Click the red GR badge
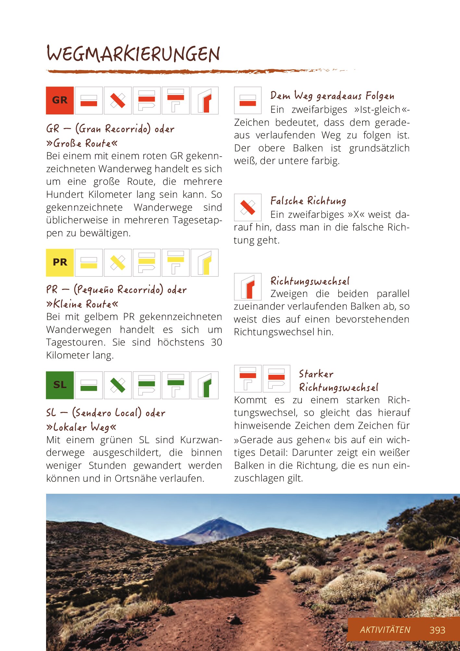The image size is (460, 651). click(x=60, y=101)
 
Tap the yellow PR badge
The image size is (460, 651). click(x=60, y=263)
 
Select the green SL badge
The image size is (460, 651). click(x=60, y=385)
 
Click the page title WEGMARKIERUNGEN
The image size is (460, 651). click(x=133, y=54)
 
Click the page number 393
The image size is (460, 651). click(x=437, y=630)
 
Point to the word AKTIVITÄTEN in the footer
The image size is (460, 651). click(x=385, y=630)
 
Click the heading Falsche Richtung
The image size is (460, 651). click(x=308, y=201)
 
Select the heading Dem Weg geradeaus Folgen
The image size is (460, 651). click(x=332, y=96)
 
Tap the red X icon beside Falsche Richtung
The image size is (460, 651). click(x=248, y=207)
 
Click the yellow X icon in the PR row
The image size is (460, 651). click(x=118, y=263)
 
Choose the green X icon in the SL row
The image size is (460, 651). click(x=118, y=385)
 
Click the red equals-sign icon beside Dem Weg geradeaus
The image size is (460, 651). click(x=248, y=101)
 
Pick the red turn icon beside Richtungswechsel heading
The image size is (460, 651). click(x=248, y=287)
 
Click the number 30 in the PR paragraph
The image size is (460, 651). click(x=216, y=342)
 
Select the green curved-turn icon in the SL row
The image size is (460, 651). click(x=205, y=385)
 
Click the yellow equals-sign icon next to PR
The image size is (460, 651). click(x=89, y=263)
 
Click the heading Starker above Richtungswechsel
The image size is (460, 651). click(x=316, y=374)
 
